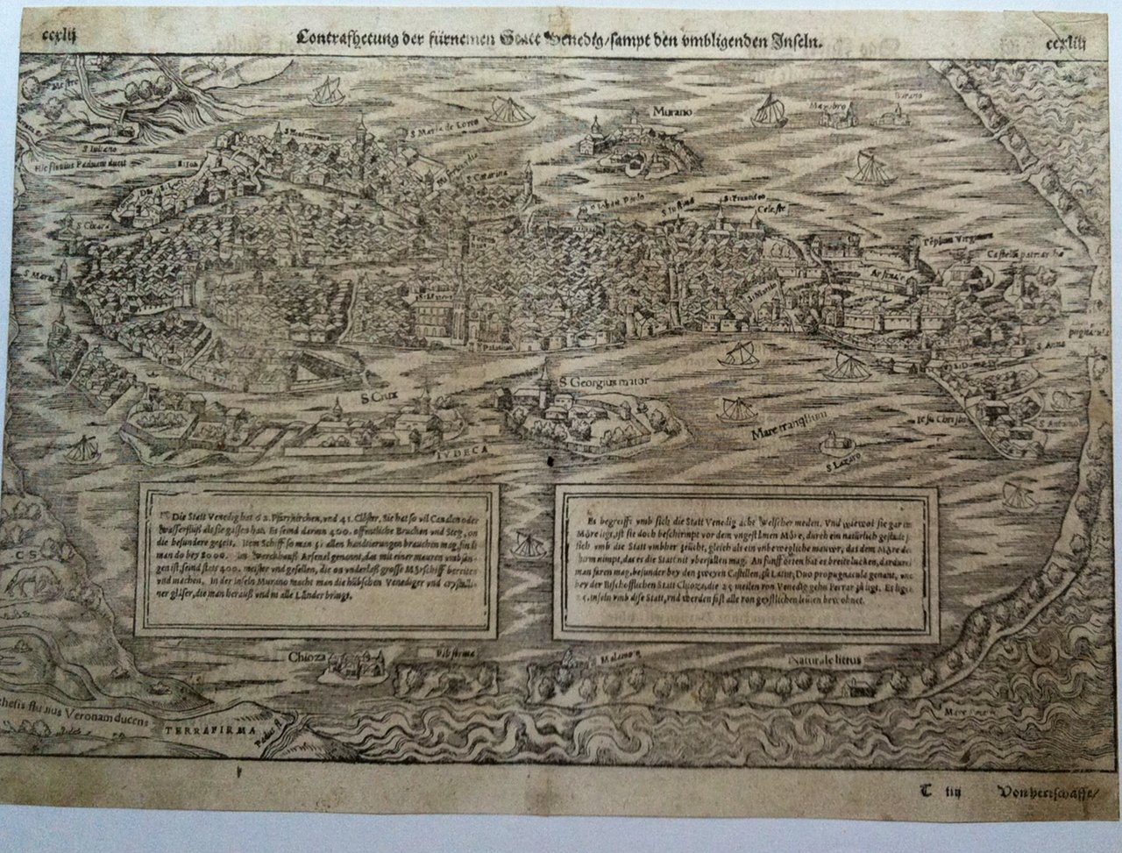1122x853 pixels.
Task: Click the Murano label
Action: click(x=672, y=112)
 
